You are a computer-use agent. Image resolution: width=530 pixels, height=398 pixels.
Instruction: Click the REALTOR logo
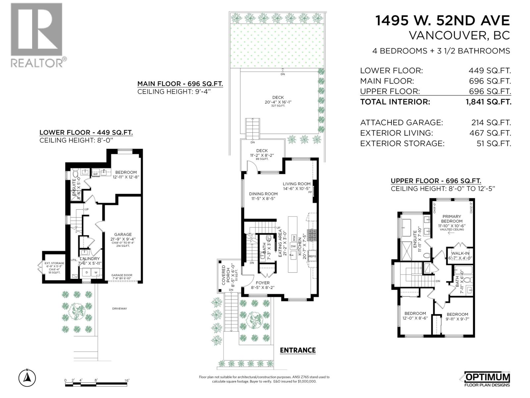pos(36,35)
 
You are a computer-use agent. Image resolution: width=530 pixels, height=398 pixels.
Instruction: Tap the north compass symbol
pos(27,377)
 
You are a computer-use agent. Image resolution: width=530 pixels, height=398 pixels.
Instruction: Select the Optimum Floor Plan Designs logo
pos(486,379)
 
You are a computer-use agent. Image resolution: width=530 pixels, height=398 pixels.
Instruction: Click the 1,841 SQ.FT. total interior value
pos(488,102)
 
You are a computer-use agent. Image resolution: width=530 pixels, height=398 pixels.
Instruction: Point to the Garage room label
pos(123,234)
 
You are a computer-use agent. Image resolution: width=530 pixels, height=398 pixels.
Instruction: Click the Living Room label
pos(296,184)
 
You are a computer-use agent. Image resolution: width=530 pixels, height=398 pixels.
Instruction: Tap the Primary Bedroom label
pos(451,219)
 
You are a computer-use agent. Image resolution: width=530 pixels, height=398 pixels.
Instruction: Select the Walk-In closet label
pos(460,253)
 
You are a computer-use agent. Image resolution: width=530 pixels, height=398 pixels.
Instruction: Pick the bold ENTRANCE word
pos(297,350)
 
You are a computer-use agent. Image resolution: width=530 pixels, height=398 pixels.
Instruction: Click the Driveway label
pos(119,308)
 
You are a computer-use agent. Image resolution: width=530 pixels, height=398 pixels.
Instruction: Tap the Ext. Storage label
pos(55,263)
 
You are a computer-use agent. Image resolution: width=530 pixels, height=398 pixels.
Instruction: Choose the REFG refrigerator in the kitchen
pos(312,256)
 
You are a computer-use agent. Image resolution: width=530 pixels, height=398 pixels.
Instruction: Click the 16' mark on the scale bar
pos(127,380)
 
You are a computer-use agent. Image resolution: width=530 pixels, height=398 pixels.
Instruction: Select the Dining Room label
pos(263,194)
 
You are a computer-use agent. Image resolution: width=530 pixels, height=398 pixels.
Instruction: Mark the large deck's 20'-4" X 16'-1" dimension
pos(278,102)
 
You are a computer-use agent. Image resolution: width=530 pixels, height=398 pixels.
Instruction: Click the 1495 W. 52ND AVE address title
pos(442,21)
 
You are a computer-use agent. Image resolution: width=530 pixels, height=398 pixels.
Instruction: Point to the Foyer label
pos(263,283)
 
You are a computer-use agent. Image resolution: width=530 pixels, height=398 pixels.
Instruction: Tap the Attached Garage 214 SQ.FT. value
pos(491,123)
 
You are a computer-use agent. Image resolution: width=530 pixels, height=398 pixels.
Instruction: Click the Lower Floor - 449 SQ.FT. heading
pos(86,133)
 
